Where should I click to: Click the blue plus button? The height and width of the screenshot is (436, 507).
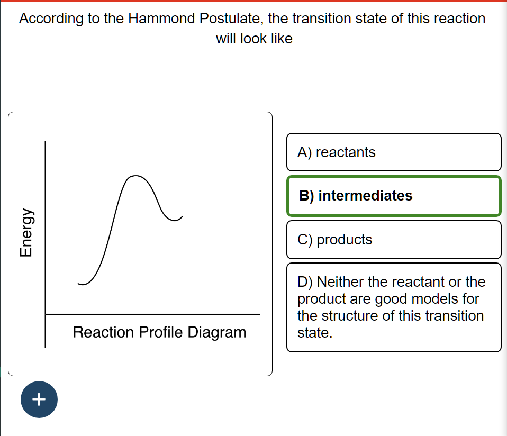tap(39, 399)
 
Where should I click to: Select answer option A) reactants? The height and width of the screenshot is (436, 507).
tap(394, 152)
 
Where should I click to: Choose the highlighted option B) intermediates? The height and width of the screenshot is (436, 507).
tap(394, 196)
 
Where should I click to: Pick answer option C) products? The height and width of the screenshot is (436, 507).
tap(394, 240)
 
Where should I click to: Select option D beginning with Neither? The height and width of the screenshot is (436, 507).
tap(394, 307)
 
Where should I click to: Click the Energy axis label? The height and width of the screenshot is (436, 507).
tap(24, 232)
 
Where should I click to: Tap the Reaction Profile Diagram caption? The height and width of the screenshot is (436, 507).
tap(159, 332)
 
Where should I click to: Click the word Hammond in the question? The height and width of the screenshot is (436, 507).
tap(161, 19)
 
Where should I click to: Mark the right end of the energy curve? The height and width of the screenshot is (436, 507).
tap(182, 216)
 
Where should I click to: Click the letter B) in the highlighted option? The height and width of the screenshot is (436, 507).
tap(306, 196)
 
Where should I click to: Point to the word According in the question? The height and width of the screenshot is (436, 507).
tap(51, 19)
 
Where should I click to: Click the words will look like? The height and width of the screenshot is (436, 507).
tap(254, 39)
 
